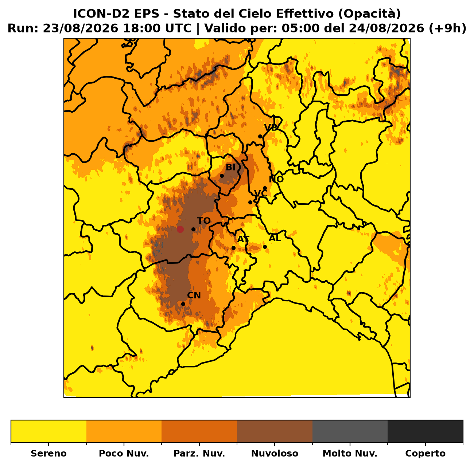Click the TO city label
(204, 221)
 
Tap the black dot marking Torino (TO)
(193, 230)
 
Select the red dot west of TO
(180, 230)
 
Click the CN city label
(194, 295)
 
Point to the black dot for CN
(183, 304)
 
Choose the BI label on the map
(231, 168)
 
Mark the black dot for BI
(222, 176)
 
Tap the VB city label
(271, 128)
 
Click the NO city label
(276, 179)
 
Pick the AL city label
(275, 238)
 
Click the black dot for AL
(265, 247)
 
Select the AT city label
(244, 239)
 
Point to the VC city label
(261, 193)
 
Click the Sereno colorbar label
(49, 454)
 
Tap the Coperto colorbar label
(425, 454)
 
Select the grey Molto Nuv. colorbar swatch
(350, 431)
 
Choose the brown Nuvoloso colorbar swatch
(275, 431)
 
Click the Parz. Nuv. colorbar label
(199, 454)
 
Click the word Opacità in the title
(369, 14)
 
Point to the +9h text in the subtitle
(447, 28)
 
